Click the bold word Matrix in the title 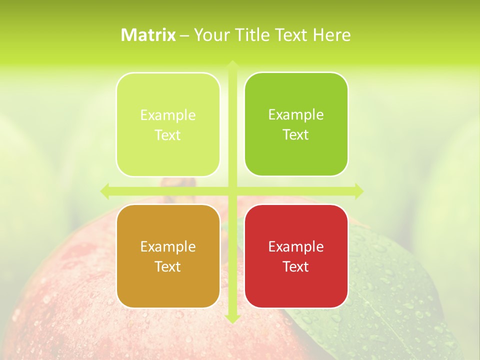coord(148,35)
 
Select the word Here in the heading coord(331,35)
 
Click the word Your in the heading coord(210,35)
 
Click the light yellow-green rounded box coord(168,124)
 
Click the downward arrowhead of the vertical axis coord(232,318)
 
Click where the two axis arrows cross coord(232,191)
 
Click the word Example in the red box coord(296,246)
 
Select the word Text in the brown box coord(168,266)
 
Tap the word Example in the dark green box coord(296,114)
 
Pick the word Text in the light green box coord(168,135)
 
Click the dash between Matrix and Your coord(184,35)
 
